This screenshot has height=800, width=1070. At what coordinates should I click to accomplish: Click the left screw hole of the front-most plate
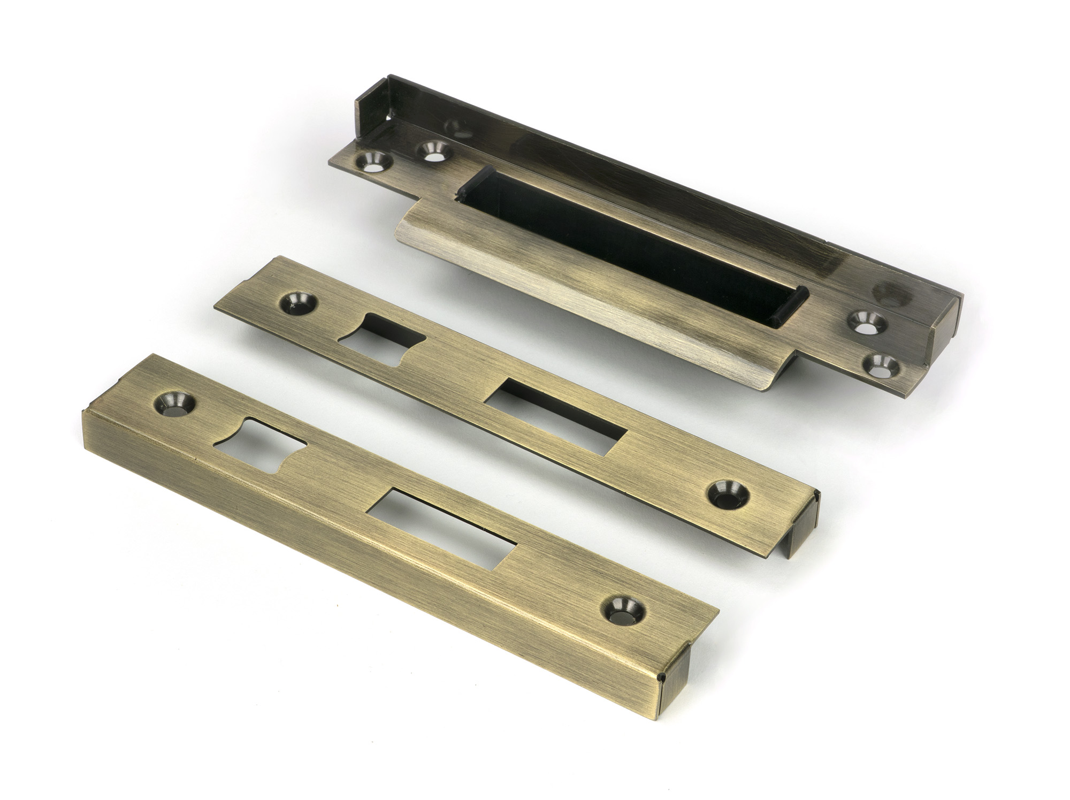pos(172,405)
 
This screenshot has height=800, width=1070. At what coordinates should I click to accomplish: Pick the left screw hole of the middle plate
pos(295,303)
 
